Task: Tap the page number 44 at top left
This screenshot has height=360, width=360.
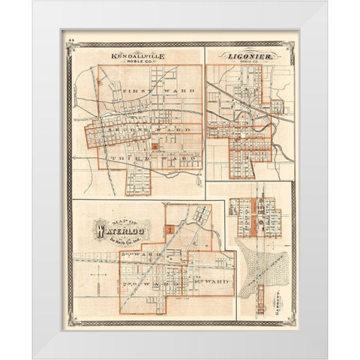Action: [x=71, y=44]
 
